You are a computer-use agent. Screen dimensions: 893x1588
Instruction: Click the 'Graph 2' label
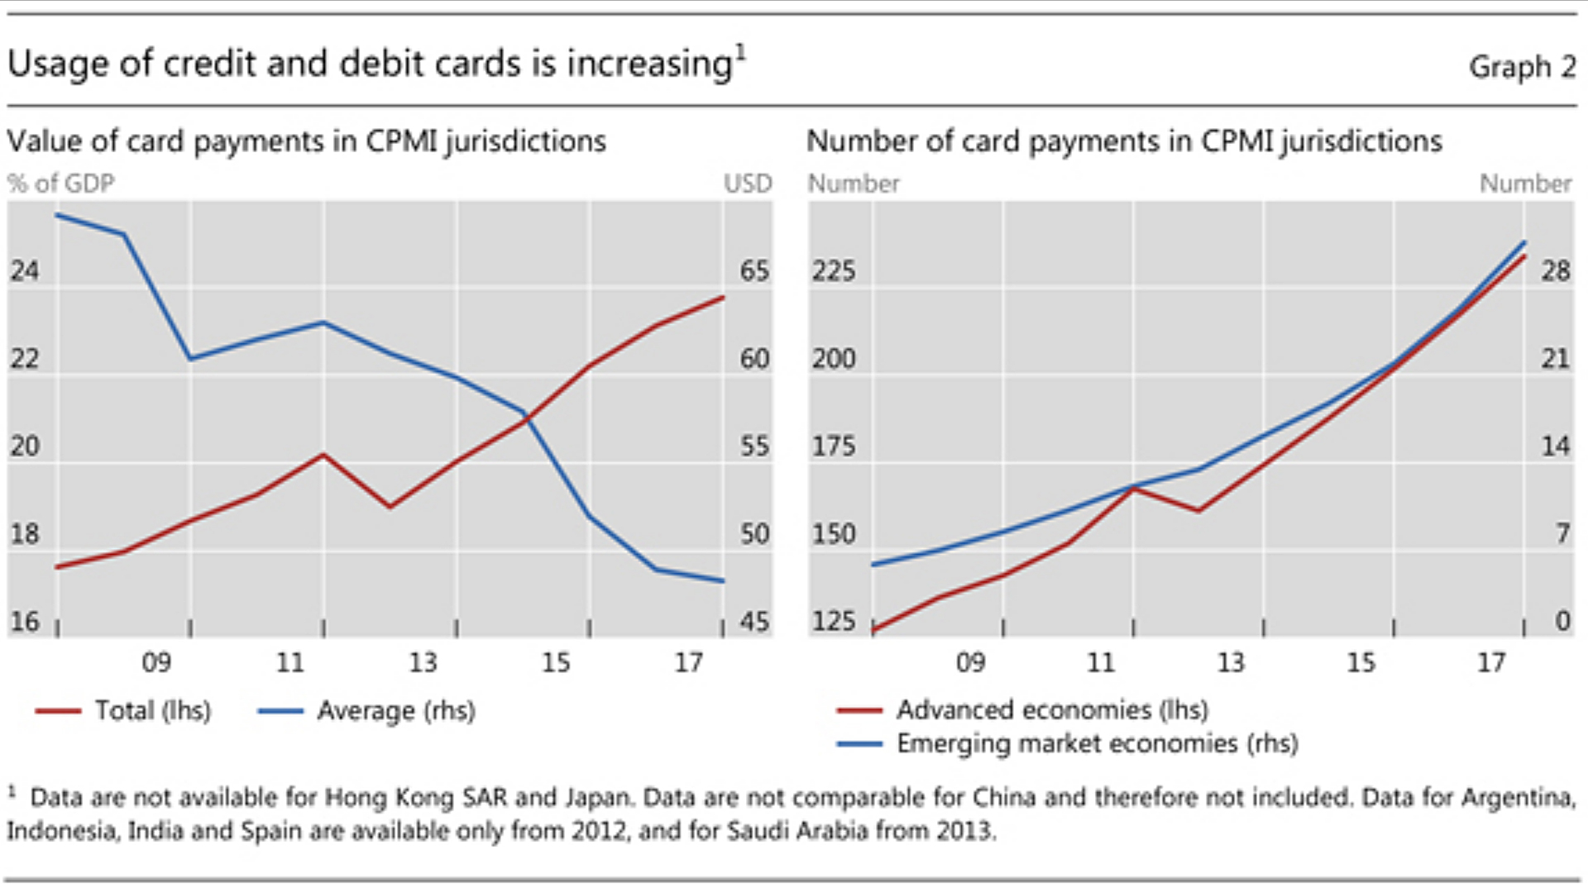click(1522, 66)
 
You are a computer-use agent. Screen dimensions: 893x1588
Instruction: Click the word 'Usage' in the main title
click(58, 64)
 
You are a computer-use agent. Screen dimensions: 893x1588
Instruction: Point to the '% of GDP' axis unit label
click(61, 183)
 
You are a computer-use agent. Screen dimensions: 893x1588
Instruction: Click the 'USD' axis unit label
click(748, 183)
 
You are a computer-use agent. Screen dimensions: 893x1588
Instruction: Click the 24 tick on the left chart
click(25, 270)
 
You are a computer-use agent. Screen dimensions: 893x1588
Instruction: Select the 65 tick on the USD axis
click(754, 270)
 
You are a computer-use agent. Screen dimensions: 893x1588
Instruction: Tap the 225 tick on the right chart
click(833, 270)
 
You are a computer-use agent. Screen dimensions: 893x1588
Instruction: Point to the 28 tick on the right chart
click(1555, 270)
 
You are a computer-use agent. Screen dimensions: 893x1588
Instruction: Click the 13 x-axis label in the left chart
click(423, 662)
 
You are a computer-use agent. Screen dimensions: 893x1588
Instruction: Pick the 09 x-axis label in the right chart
click(970, 662)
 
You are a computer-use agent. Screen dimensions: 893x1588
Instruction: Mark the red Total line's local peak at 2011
click(323, 455)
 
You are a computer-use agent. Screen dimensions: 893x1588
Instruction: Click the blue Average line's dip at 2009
click(191, 358)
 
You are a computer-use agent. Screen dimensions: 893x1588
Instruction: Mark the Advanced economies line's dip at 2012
click(1198, 510)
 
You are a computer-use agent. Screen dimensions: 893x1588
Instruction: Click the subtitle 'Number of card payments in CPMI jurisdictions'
click(1124, 141)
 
